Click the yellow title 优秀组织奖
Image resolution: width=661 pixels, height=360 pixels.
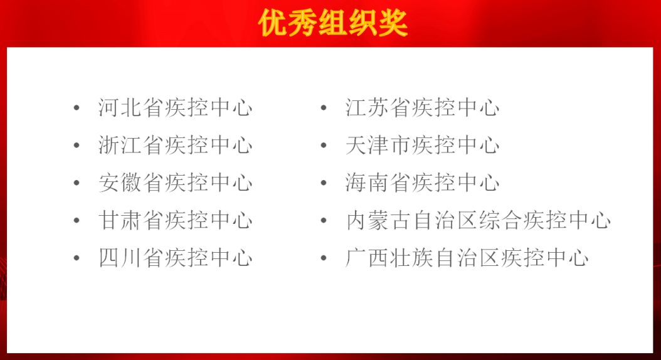(x=333, y=23)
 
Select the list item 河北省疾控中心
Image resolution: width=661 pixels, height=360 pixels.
(x=176, y=107)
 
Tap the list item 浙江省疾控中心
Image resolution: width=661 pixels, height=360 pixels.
(x=176, y=145)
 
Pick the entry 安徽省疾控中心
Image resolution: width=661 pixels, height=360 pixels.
(x=176, y=183)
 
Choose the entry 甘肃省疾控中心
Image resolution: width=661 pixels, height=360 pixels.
(x=176, y=220)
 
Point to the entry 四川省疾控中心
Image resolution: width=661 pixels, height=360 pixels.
(x=176, y=258)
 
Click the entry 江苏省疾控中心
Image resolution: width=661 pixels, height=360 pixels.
(x=423, y=107)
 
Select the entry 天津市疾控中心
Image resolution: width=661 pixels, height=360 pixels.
(x=423, y=145)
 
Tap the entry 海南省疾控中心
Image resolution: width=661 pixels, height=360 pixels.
(x=423, y=183)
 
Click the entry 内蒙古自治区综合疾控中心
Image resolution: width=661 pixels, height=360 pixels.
(x=478, y=220)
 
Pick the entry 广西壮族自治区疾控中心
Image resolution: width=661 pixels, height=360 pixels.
(x=467, y=258)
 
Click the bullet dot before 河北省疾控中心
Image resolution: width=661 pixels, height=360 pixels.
(x=77, y=108)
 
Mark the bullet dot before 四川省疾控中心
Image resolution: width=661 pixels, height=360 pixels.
(x=77, y=258)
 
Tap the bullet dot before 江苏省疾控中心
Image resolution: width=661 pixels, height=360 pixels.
(x=324, y=108)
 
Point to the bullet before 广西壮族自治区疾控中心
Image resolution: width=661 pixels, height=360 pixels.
(x=324, y=258)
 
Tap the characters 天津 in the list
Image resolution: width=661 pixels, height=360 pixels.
(x=367, y=145)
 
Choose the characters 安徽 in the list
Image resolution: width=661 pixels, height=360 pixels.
(x=120, y=183)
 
